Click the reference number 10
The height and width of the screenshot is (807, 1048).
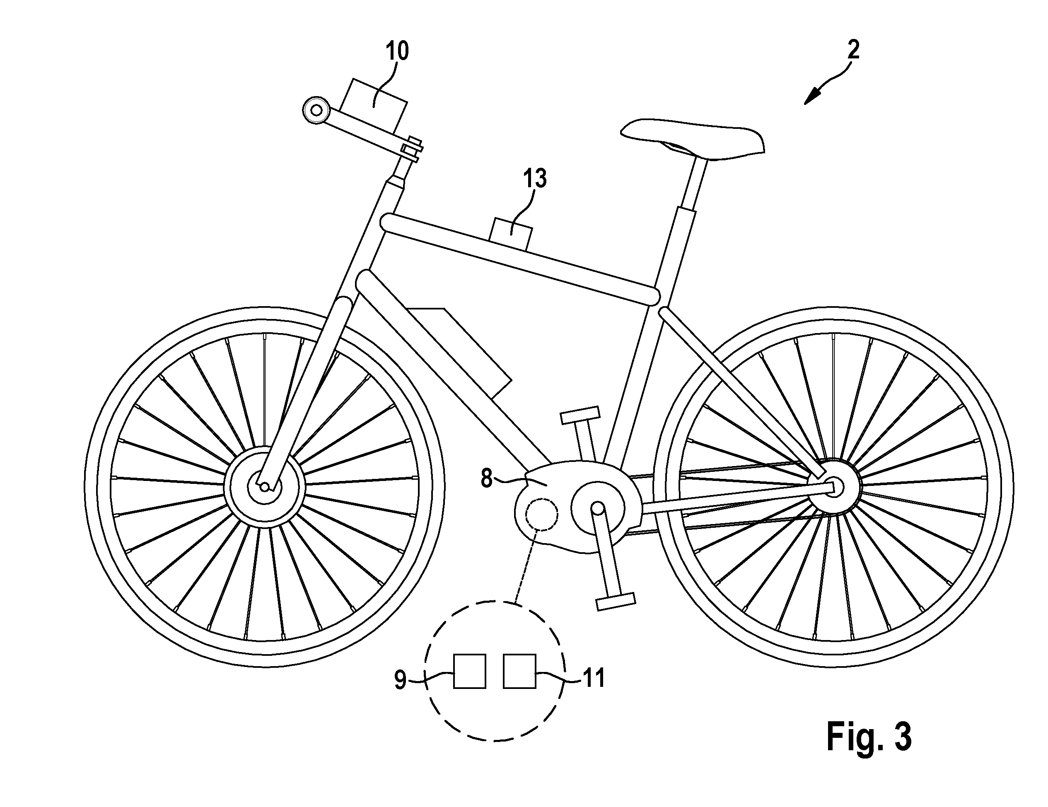pos(397,51)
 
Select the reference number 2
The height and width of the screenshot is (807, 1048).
pos(853,50)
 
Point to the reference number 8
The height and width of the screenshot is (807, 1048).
pos(487,478)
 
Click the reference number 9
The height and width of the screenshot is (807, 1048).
pos(400,680)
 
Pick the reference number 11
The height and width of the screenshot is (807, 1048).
pos(594,679)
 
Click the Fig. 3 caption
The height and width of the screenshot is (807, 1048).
pos(869,737)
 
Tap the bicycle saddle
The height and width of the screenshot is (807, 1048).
pos(693,139)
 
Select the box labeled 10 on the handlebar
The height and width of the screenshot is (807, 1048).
pos(373,106)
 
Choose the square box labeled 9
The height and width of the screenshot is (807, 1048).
pos(470,671)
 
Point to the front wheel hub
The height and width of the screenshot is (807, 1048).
pos(264,486)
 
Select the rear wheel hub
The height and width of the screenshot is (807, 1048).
pos(834,486)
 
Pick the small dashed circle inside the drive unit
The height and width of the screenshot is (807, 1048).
pos(542,514)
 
